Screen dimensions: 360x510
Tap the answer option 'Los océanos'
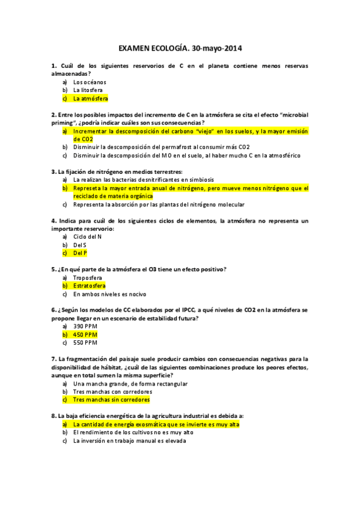90,82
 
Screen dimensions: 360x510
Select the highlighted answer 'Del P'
81,253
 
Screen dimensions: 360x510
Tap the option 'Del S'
80,245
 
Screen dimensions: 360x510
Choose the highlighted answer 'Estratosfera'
89,286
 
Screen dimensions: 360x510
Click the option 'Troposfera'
88,278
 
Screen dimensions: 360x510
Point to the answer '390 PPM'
85,326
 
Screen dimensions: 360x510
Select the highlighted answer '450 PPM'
85,334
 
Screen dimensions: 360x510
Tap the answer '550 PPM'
85,342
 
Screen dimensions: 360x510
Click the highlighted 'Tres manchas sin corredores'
111,399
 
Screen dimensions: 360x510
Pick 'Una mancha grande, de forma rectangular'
130,383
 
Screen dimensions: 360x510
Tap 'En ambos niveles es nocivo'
110,294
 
